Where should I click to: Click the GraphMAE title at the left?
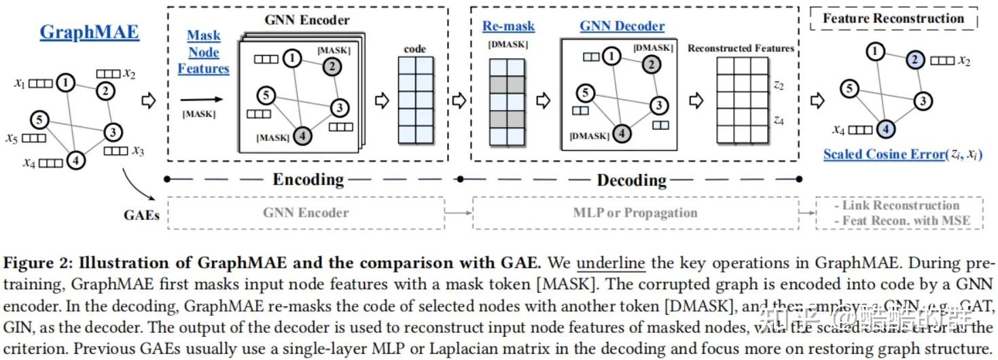(x=89, y=32)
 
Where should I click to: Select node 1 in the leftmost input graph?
(x=65, y=83)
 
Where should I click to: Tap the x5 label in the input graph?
(x=11, y=139)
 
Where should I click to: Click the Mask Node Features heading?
(x=203, y=52)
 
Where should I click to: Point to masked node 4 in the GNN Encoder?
(x=304, y=137)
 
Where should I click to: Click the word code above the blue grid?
(x=414, y=49)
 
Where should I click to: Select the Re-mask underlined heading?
(x=508, y=26)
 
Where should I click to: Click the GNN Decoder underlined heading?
(x=622, y=26)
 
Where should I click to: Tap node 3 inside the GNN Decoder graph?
(x=658, y=105)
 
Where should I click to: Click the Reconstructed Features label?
(x=741, y=48)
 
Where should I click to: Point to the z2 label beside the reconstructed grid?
(x=779, y=86)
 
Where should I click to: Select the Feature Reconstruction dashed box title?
(x=893, y=18)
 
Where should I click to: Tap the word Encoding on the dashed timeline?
(x=308, y=179)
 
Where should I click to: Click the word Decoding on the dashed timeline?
(x=631, y=180)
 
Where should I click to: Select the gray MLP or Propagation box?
(x=635, y=213)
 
